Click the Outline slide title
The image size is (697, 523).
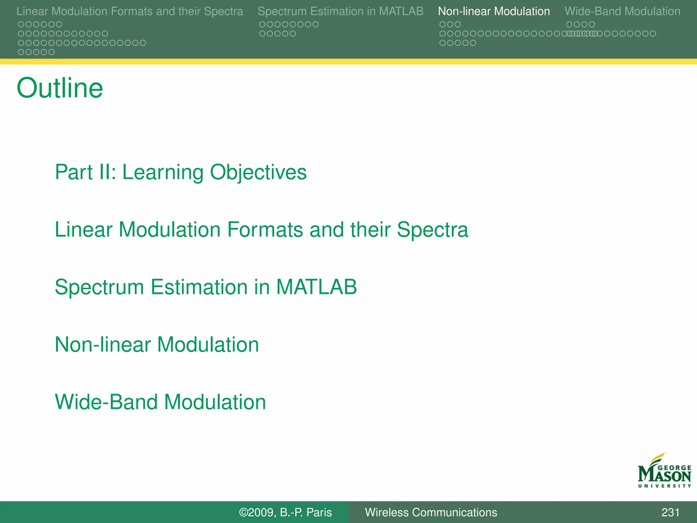[x=60, y=88]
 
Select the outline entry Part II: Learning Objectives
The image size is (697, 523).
[x=180, y=172]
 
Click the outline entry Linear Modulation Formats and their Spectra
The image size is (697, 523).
[x=261, y=229]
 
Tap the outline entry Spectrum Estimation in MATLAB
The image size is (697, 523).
[x=206, y=287]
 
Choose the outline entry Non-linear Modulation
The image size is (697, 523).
[x=157, y=345]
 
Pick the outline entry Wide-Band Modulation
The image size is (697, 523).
[x=160, y=402]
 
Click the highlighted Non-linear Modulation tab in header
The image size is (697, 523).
[x=493, y=11]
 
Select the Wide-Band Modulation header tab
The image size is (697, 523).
[x=622, y=11]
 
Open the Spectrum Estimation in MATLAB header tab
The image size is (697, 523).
[x=340, y=11]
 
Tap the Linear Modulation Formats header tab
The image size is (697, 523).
[x=130, y=11]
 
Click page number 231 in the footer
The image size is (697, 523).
[x=670, y=512]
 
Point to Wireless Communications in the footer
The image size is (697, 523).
[x=431, y=512]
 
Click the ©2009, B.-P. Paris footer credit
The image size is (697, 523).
[x=285, y=512]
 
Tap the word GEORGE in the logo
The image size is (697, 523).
[x=674, y=468]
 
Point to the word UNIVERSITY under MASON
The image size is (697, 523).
[x=664, y=486]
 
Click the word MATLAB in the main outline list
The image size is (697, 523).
[x=316, y=287]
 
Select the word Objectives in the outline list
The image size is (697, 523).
[x=258, y=172]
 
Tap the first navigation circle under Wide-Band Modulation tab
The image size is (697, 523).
[x=569, y=25]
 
